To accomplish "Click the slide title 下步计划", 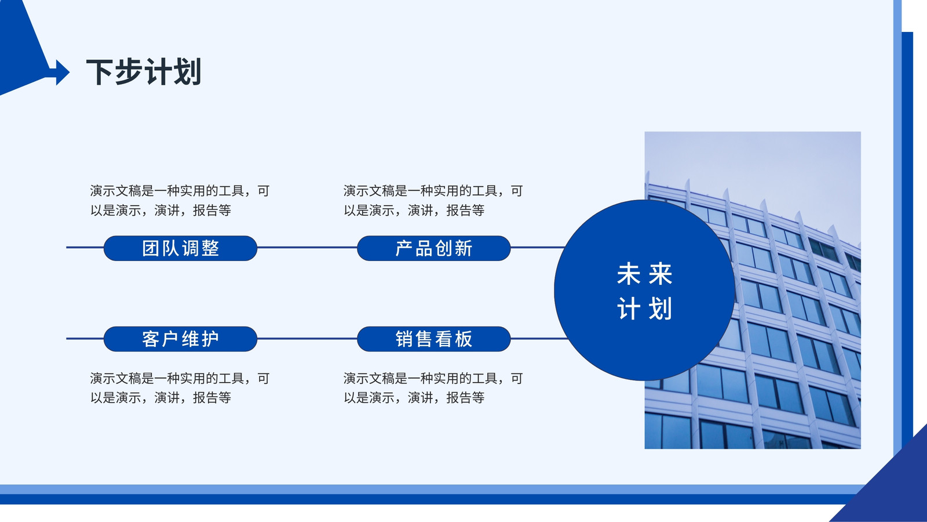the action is tap(144, 72).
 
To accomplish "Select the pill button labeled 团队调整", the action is tap(180, 248).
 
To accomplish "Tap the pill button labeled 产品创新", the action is tap(434, 248).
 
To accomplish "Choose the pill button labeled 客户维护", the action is tap(180, 339).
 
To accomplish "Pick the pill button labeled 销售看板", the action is tap(434, 339).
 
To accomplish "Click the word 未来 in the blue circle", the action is tap(644, 273).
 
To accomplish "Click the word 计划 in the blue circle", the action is tap(644, 309).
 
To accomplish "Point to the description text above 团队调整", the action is tap(180, 201).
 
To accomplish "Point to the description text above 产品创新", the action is tap(433, 201).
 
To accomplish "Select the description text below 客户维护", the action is tap(180, 388).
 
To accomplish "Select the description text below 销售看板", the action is tap(433, 388).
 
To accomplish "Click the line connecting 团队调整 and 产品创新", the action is tap(307, 247).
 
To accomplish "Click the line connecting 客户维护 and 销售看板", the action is tap(307, 339).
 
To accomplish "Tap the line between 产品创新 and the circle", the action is tap(538, 247).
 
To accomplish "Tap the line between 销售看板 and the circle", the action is tap(539, 339).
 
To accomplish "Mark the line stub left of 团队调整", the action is tap(85, 247).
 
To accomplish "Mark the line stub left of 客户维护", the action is tap(85, 339).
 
